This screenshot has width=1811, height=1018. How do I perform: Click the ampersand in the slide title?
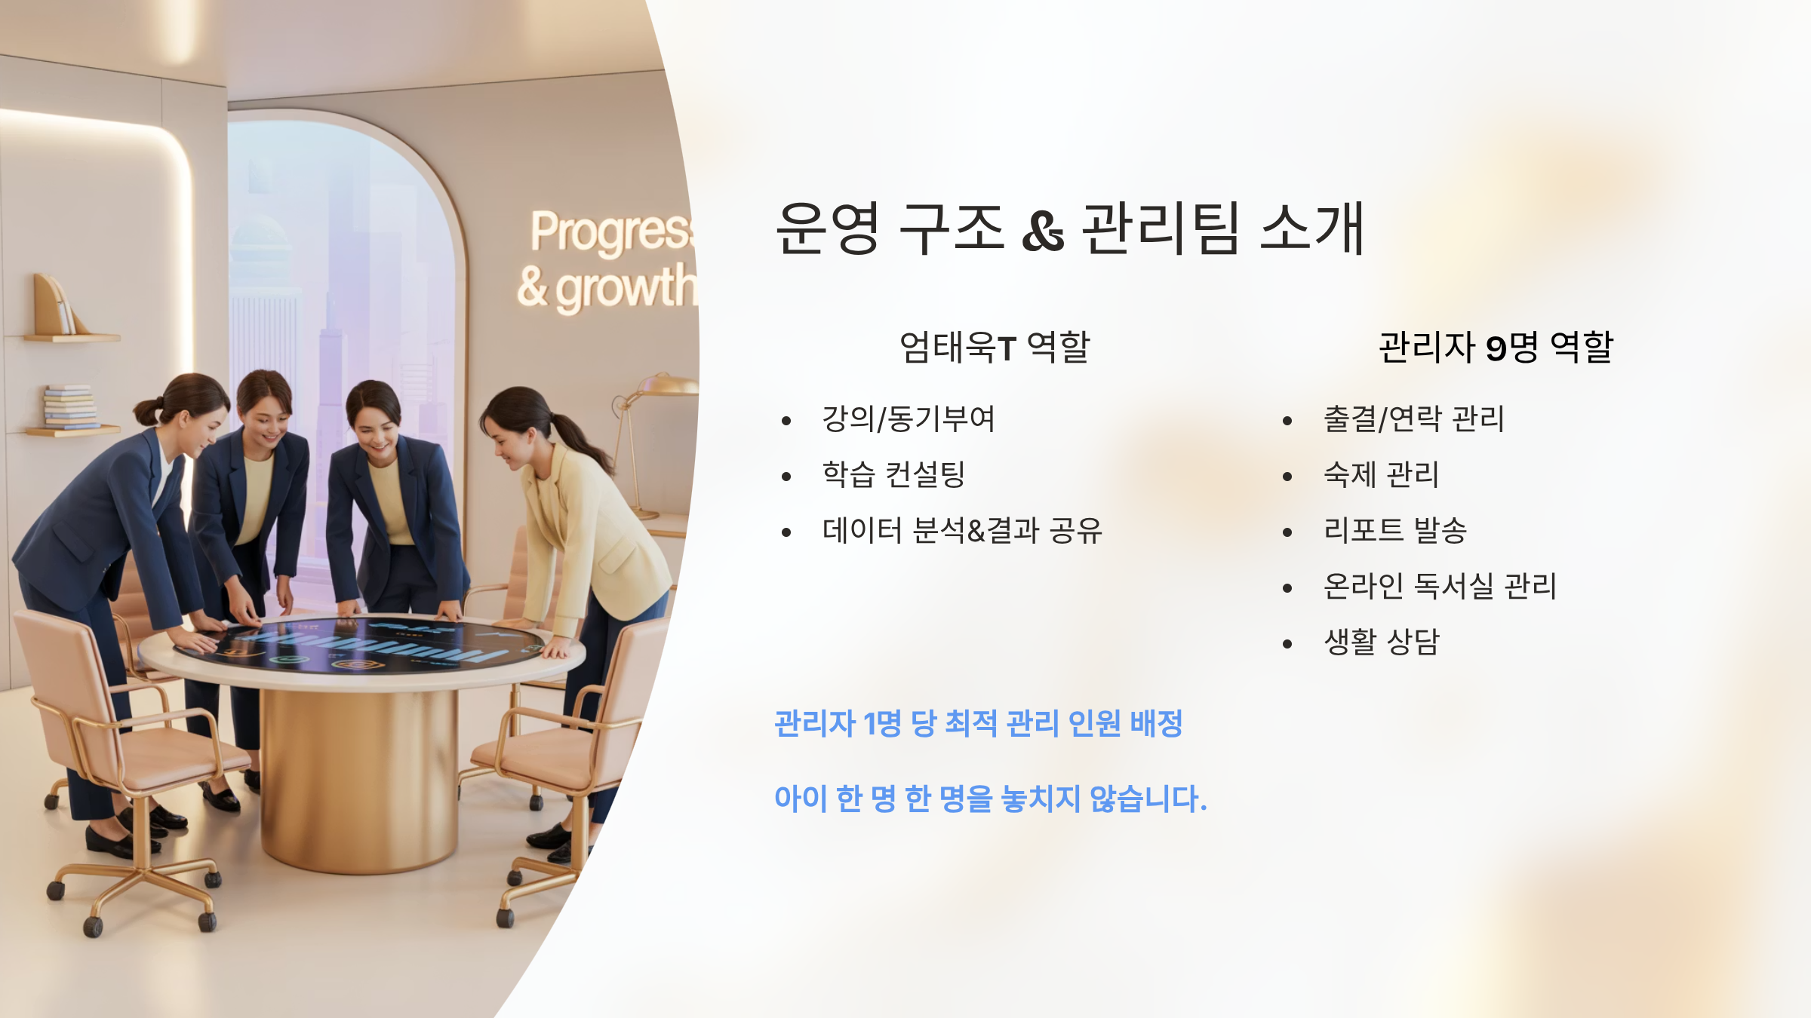[x=1043, y=231]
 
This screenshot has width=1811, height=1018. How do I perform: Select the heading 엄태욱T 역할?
[x=995, y=348]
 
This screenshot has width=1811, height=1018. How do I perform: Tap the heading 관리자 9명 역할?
[x=1496, y=348]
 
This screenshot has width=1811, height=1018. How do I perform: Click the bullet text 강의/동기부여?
[x=909, y=419]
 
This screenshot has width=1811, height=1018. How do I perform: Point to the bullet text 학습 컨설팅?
[x=893, y=474]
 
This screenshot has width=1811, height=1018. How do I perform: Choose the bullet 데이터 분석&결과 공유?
[x=962, y=530]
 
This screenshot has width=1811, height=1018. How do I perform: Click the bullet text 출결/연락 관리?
[x=1414, y=419]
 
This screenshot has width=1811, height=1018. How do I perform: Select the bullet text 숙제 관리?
[x=1382, y=474]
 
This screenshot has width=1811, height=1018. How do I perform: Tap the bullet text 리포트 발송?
[x=1395, y=530]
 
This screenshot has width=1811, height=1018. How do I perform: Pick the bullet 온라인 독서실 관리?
[x=1440, y=586]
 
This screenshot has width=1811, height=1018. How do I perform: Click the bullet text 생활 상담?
[x=1382, y=642]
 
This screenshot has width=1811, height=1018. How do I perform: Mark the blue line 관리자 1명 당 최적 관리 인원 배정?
[x=979, y=724]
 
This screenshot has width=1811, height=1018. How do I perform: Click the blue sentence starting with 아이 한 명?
[x=991, y=799]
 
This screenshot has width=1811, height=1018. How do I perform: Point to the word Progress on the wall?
[x=611, y=232]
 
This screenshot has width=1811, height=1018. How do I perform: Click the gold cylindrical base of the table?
[x=358, y=777]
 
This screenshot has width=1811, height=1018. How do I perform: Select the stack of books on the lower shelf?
[x=70, y=407]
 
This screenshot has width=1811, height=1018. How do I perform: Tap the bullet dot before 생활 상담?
[x=1287, y=644]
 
